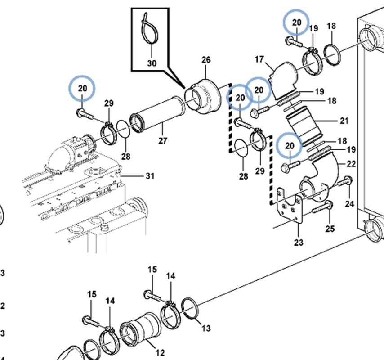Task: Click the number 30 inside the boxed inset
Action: pyautogui.click(x=152, y=63)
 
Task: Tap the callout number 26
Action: pyautogui.click(x=205, y=60)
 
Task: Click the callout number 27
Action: pyautogui.click(x=163, y=141)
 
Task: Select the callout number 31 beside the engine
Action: pyautogui.click(x=150, y=176)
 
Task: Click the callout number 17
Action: pyautogui.click(x=259, y=59)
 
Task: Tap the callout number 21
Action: pyautogui.click(x=344, y=121)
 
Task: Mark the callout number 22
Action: pyautogui.click(x=351, y=164)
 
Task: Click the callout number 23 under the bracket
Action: pyautogui.click(x=299, y=243)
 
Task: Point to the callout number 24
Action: pyautogui.click(x=350, y=204)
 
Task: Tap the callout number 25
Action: pyautogui.click(x=330, y=229)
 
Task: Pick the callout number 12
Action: pyautogui.click(x=160, y=353)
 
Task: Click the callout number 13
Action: pyautogui.click(x=206, y=328)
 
